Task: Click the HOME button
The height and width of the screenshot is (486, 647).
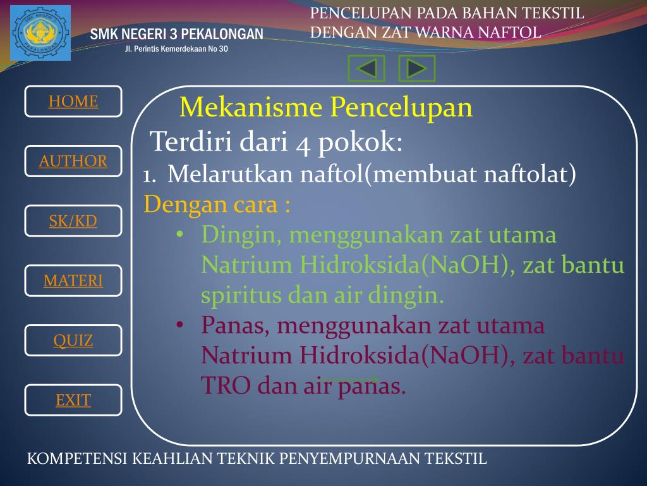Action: pyautogui.click(x=73, y=101)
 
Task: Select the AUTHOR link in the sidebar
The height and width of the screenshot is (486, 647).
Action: pyautogui.click(x=73, y=161)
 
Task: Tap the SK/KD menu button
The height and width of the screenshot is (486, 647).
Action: pyautogui.click(x=73, y=221)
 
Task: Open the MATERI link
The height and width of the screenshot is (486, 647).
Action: pyautogui.click(x=73, y=280)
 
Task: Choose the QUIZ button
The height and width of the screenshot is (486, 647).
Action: pyautogui.click(x=73, y=340)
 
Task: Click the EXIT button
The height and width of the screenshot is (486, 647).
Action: pyautogui.click(x=73, y=400)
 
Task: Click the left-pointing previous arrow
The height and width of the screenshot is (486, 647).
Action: pyautogui.click(x=366, y=68)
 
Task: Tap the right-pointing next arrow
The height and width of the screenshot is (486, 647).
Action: pyautogui.click(x=417, y=68)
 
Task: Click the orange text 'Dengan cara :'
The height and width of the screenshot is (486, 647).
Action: pyautogui.click(x=217, y=205)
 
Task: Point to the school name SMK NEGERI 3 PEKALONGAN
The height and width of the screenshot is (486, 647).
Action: pyautogui.click(x=176, y=34)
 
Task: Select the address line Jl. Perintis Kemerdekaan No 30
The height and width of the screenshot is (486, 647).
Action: pyautogui.click(x=176, y=50)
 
